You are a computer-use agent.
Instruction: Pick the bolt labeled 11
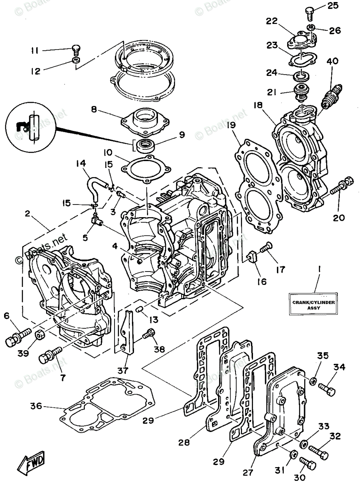click(76, 50)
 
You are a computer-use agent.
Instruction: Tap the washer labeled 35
click(313, 381)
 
